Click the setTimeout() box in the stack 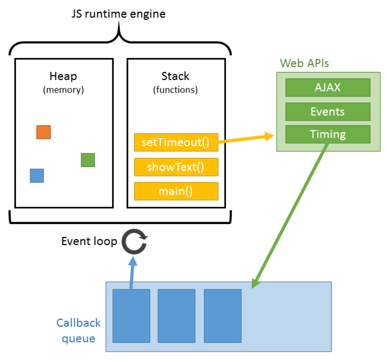[x=176, y=142]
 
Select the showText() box [x=176, y=167]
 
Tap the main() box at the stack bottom [x=176, y=191]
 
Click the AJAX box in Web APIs [x=328, y=87]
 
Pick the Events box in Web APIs [x=328, y=112]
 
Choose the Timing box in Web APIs [x=328, y=134]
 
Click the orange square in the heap [x=43, y=132]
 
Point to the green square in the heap [x=88, y=160]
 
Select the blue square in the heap [x=37, y=175]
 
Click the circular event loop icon [x=134, y=243]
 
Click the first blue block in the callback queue [x=131, y=316]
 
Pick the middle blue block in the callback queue [x=176, y=316]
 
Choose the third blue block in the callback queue [x=222, y=316]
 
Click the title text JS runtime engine [x=118, y=14]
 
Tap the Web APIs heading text [x=305, y=63]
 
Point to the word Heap [x=63, y=76]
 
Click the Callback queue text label [x=79, y=331]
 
